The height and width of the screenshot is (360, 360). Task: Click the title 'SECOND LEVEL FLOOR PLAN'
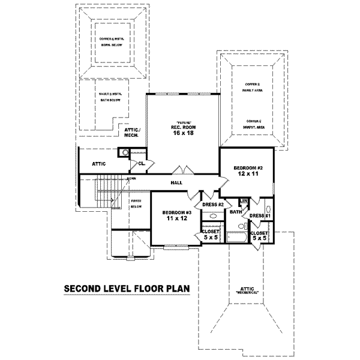pyautogui.click(x=127, y=289)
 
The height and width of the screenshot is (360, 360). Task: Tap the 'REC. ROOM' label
pyautogui.click(x=181, y=127)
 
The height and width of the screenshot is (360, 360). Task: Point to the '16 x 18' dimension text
pyautogui.click(x=181, y=134)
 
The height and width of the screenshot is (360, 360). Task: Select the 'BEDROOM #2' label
pyautogui.click(x=246, y=167)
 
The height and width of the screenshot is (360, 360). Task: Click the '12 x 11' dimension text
pyautogui.click(x=246, y=175)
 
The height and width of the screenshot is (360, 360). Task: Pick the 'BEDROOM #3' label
pyautogui.click(x=177, y=213)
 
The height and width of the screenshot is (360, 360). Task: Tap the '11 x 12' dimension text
pyautogui.click(x=177, y=220)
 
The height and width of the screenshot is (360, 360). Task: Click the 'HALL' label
pyautogui.click(x=176, y=182)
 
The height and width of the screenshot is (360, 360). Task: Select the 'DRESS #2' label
pyautogui.click(x=213, y=205)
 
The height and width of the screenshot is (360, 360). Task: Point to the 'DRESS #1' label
pyautogui.click(x=260, y=215)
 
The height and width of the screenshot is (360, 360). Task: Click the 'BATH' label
pyautogui.click(x=235, y=211)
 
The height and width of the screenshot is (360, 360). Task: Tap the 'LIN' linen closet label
pyautogui.click(x=244, y=201)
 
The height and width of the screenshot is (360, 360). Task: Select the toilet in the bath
pyautogui.click(x=240, y=226)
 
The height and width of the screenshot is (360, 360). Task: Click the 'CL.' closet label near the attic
pyautogui.click(x=142, y=163)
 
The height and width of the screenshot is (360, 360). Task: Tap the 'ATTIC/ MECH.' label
pyautogui.click(x=131, y=133)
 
